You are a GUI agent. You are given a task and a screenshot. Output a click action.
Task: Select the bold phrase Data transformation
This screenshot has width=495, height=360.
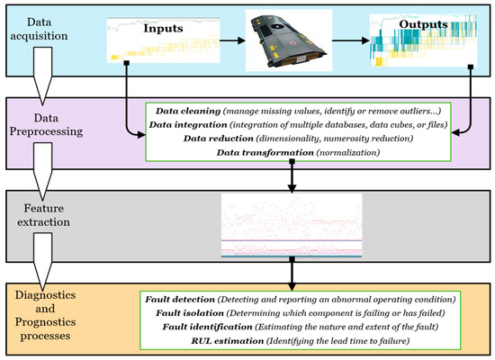[265, 154]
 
